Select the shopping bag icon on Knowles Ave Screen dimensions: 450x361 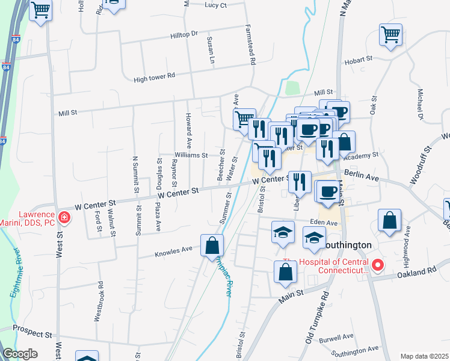pos(212,246)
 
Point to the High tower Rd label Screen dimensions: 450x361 pos(154,76)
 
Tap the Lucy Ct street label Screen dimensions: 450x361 pos(215,5)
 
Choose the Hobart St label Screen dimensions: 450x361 pos(358,61)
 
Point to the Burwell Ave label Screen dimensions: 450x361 pos(336,337)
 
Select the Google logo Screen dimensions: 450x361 pos(20,354)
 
